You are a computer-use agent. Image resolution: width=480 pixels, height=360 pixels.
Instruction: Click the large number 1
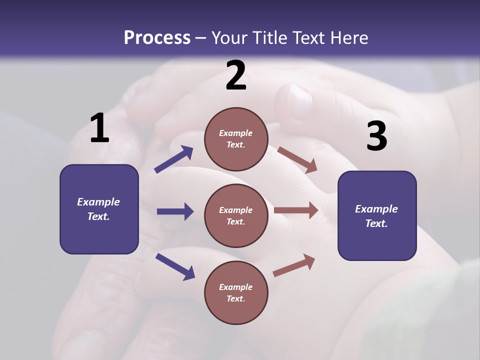pos(99,128)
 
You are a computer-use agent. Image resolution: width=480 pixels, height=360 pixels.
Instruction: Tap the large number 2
pos(236,76)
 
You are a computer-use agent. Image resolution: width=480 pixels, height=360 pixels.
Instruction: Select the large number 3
pos(376,136)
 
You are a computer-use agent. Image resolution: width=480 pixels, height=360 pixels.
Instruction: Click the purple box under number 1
pos(99,209)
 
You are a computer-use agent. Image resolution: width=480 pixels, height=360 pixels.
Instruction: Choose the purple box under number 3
pos(377,216)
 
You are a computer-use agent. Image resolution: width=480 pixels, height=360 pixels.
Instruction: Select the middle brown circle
pos(236,215)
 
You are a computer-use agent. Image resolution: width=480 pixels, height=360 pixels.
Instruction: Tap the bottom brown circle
pos(236,292)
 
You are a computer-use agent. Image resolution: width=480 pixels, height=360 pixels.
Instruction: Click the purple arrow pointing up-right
pos(174,159)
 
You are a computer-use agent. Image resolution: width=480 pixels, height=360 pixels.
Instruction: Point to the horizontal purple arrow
pos(175,211)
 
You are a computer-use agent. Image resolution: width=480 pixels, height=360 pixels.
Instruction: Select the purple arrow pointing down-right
pos(175,266)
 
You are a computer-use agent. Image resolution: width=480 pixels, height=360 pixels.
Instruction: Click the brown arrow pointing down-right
pos(297,159)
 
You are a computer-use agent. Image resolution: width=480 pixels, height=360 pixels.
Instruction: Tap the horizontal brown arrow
pos(295,210)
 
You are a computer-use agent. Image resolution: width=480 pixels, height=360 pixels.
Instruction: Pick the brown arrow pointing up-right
pos(294,265)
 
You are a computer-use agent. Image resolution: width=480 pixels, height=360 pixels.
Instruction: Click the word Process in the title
pos(157,37)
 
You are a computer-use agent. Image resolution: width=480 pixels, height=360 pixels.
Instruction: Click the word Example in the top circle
pos(235,133)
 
